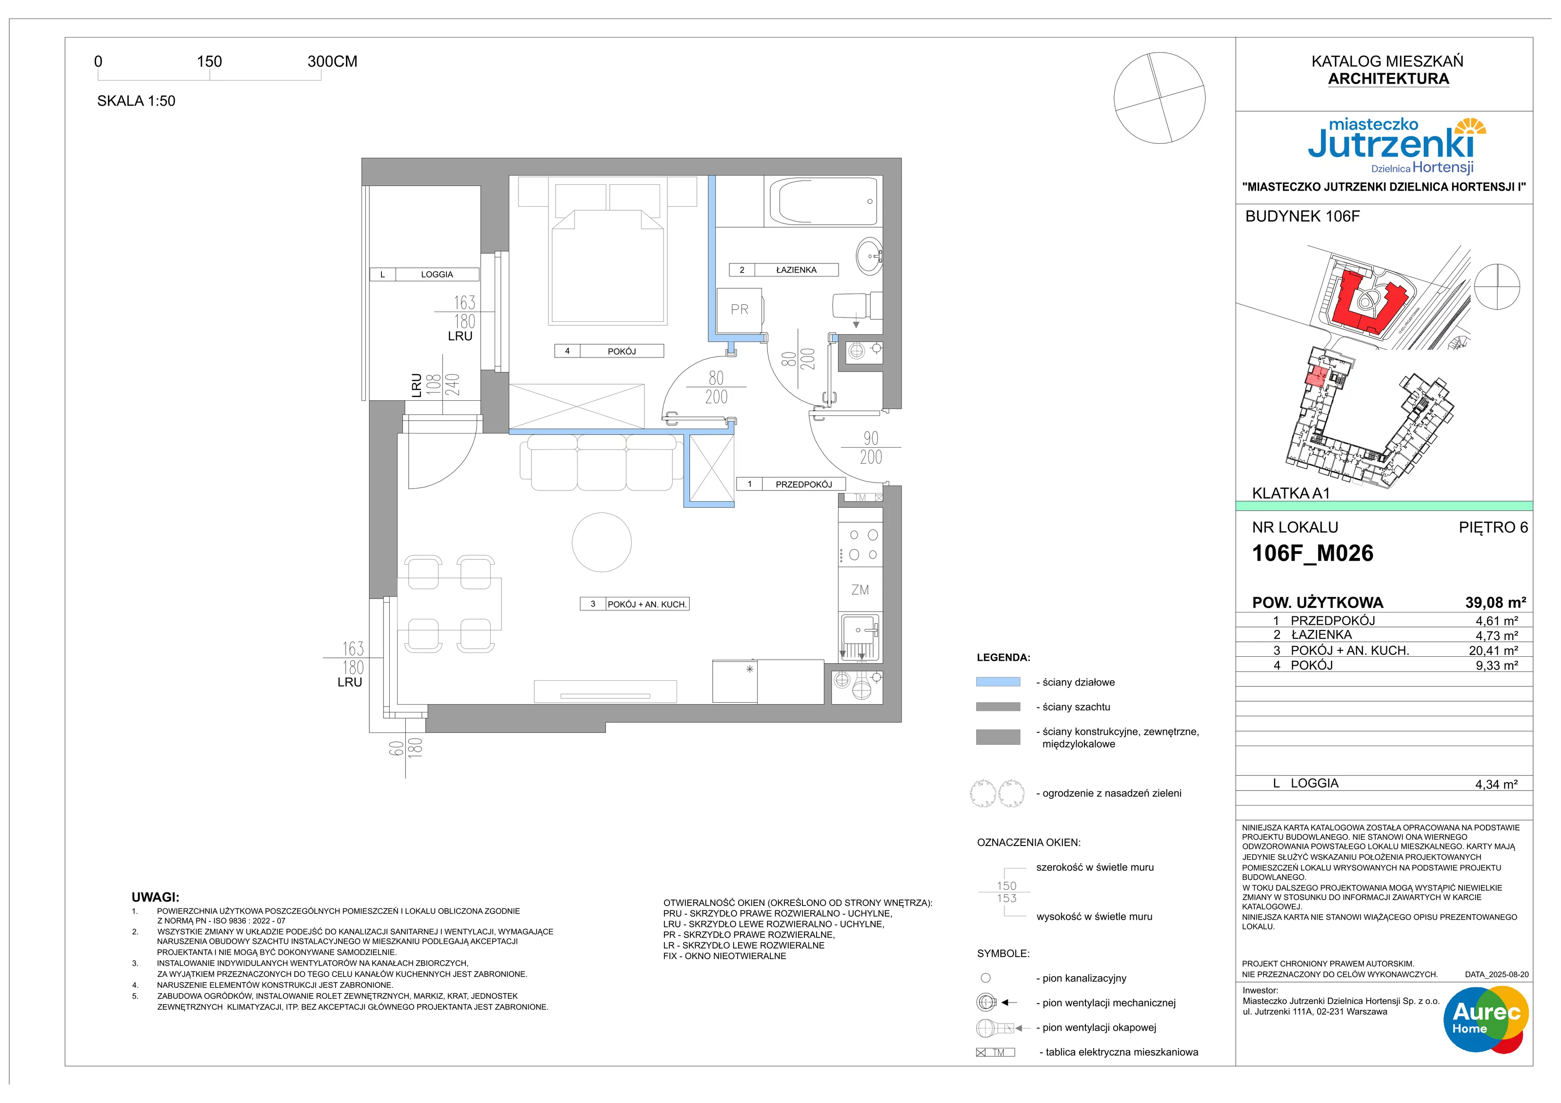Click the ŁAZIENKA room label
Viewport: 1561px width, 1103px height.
point(796,270)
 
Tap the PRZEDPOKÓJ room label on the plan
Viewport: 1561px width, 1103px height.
point(803,485)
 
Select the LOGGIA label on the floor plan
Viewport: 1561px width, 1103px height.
point(437,275)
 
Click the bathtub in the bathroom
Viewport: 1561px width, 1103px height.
point(823,201)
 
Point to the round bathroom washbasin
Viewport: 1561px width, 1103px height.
point(869,256)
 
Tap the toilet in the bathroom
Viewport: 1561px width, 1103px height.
point(857,305)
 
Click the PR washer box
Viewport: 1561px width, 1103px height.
point(740,311)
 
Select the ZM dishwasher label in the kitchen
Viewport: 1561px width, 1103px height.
point(860,590)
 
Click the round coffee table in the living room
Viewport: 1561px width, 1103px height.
point(601,542)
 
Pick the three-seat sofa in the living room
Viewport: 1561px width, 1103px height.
point(601,462)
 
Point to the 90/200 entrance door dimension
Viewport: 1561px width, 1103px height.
point(871,448)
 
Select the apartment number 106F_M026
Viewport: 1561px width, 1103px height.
point(1312,553)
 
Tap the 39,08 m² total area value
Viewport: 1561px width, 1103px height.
point(1495,603)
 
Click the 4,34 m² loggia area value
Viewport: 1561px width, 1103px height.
point(1497,784)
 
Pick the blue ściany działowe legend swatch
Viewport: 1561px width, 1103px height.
point(998,682)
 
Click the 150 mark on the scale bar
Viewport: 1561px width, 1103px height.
point(209,62)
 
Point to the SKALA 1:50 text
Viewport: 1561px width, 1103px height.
point(136,101)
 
